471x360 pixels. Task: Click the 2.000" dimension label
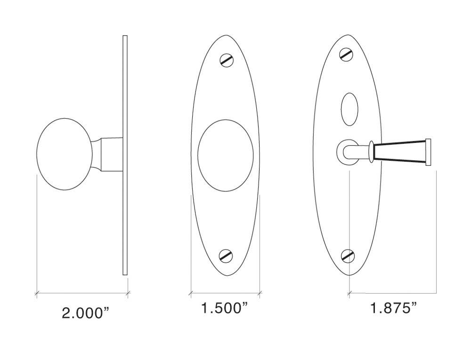(x=83, y=312)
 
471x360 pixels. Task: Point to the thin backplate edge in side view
(x=125, y=155)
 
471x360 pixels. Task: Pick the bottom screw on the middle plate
(x=227, y=255)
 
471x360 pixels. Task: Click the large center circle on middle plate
(x=227, y=155)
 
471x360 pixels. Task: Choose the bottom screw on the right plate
(x=348, y=255)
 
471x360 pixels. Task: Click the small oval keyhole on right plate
(x=349, y=109)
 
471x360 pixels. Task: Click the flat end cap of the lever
(x=429, y=152)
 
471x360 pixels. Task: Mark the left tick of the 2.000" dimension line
(x=37, y=294)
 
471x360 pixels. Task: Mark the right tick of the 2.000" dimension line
(x=128, y=294)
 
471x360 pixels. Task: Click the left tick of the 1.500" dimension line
(x=191, y=294)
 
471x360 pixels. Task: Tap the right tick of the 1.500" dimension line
(x=260, y=294)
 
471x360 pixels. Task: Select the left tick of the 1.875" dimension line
(x=349, y=294)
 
